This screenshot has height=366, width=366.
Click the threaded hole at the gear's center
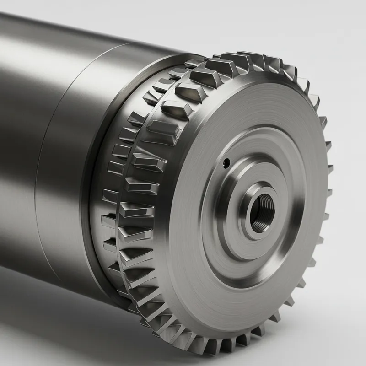262,208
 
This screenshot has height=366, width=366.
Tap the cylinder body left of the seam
23,114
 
